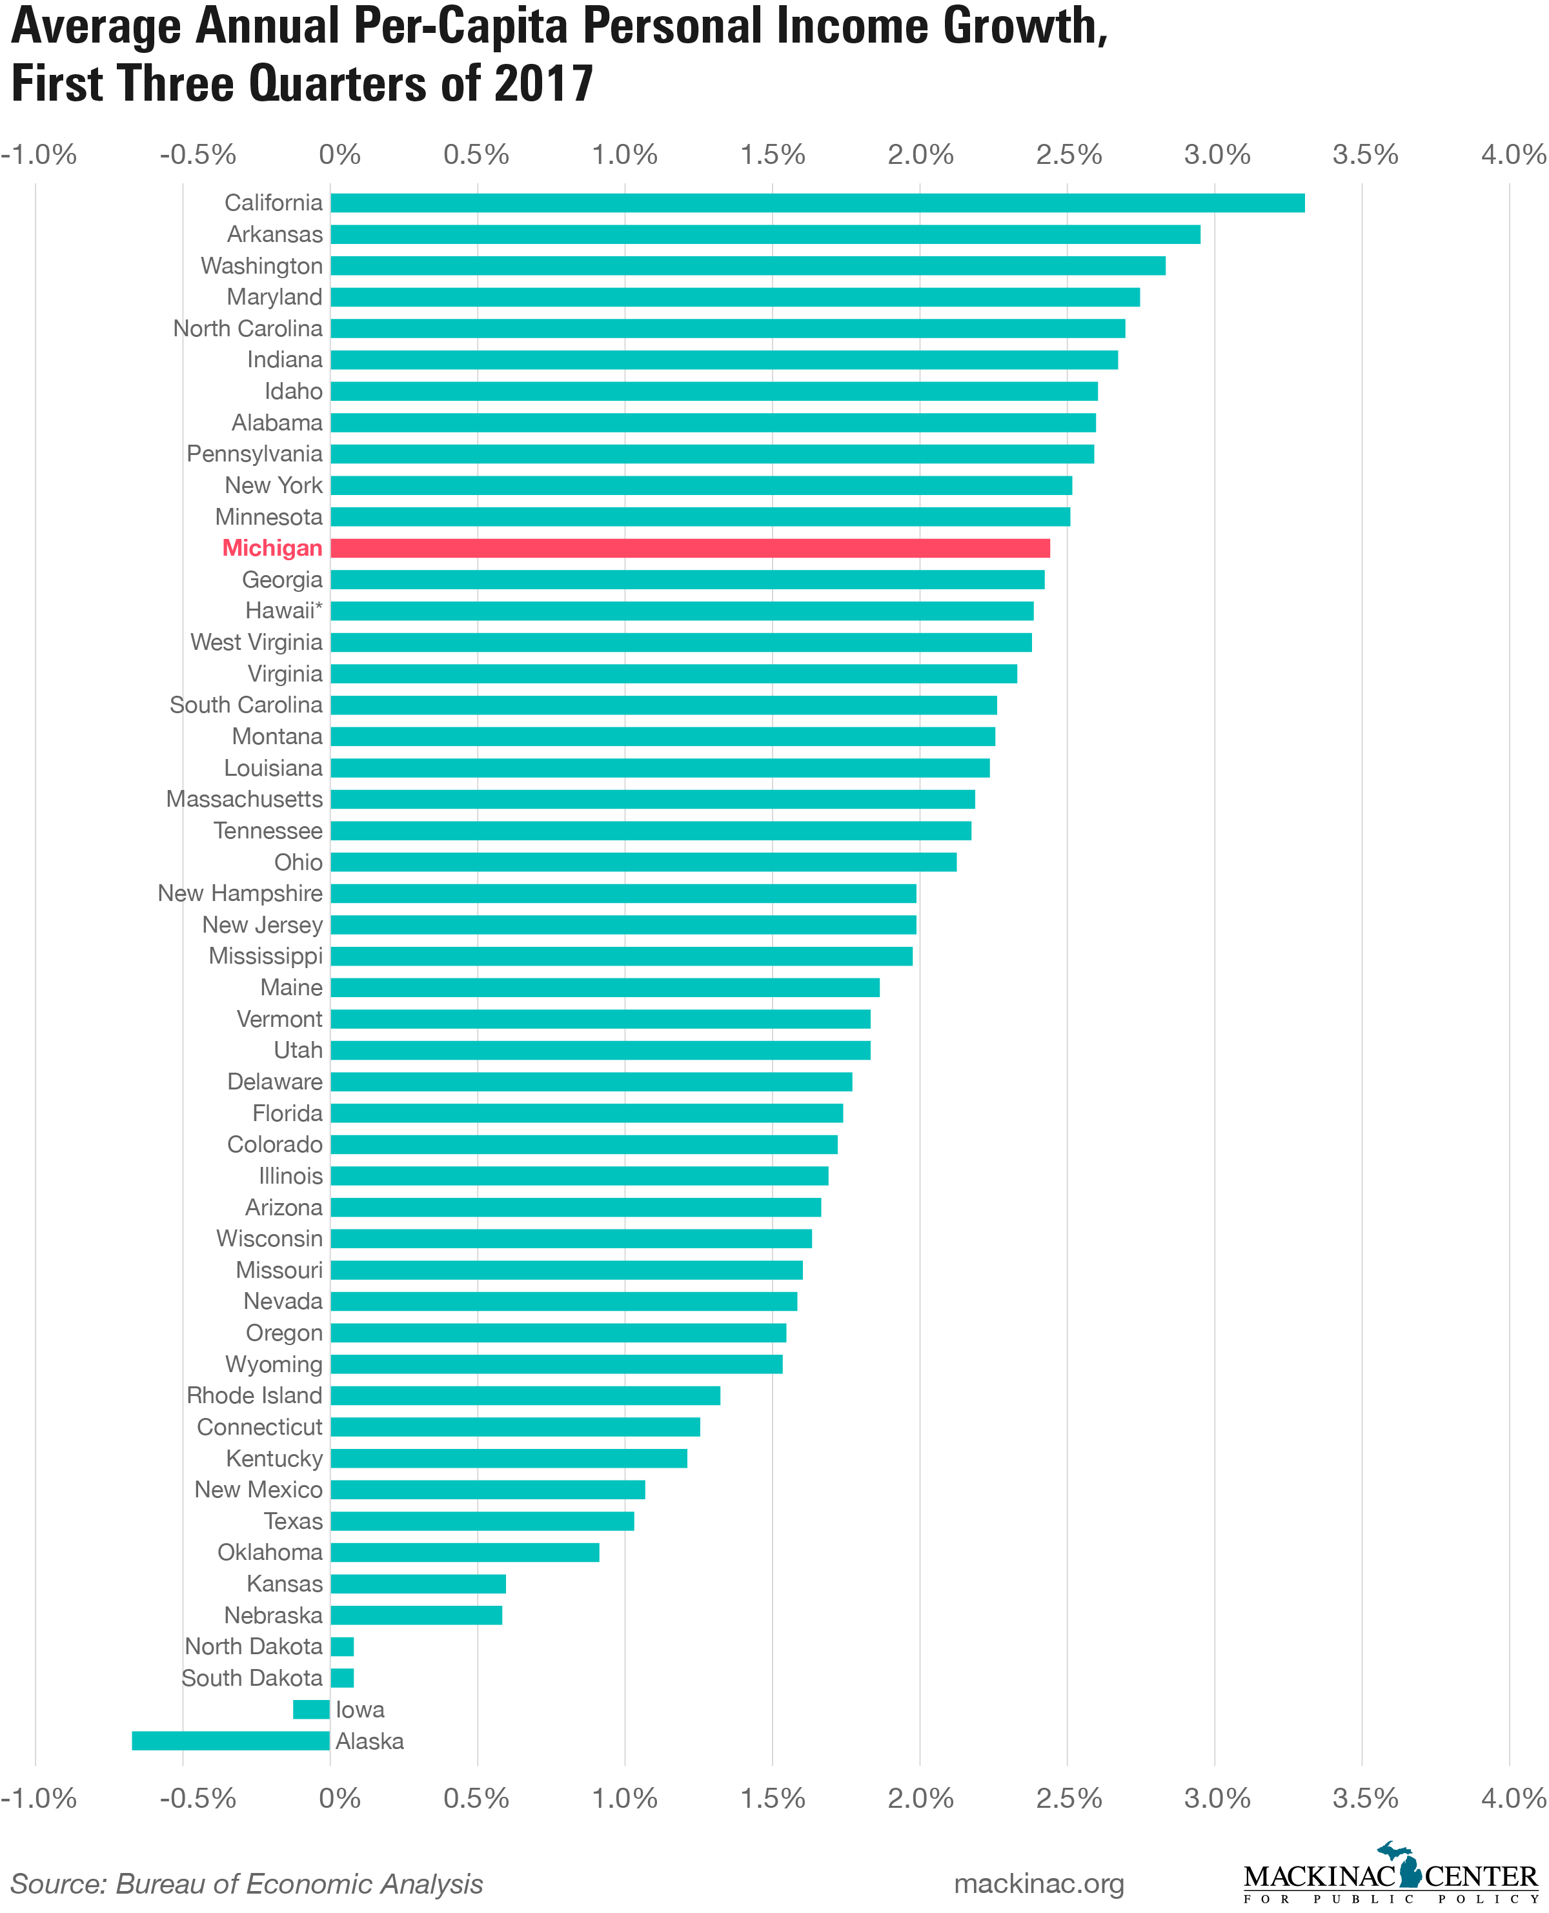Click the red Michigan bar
pos(690,548)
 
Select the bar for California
pos(817,203)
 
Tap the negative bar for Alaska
pos(231,1741)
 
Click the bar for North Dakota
pos(341,1646)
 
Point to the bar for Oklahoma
pos(465,1552)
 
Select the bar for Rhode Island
pos(525,1395)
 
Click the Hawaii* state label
pos(284,611)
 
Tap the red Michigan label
pos(272,548)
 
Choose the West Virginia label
pos(256,642)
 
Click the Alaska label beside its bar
pos(369,1741)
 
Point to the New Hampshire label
pos(240,893)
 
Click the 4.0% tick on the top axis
pos(1514,154)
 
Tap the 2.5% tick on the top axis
pos(1069,154)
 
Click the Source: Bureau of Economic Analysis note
pos(247,1883)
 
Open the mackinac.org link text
pos(1038,1883)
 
